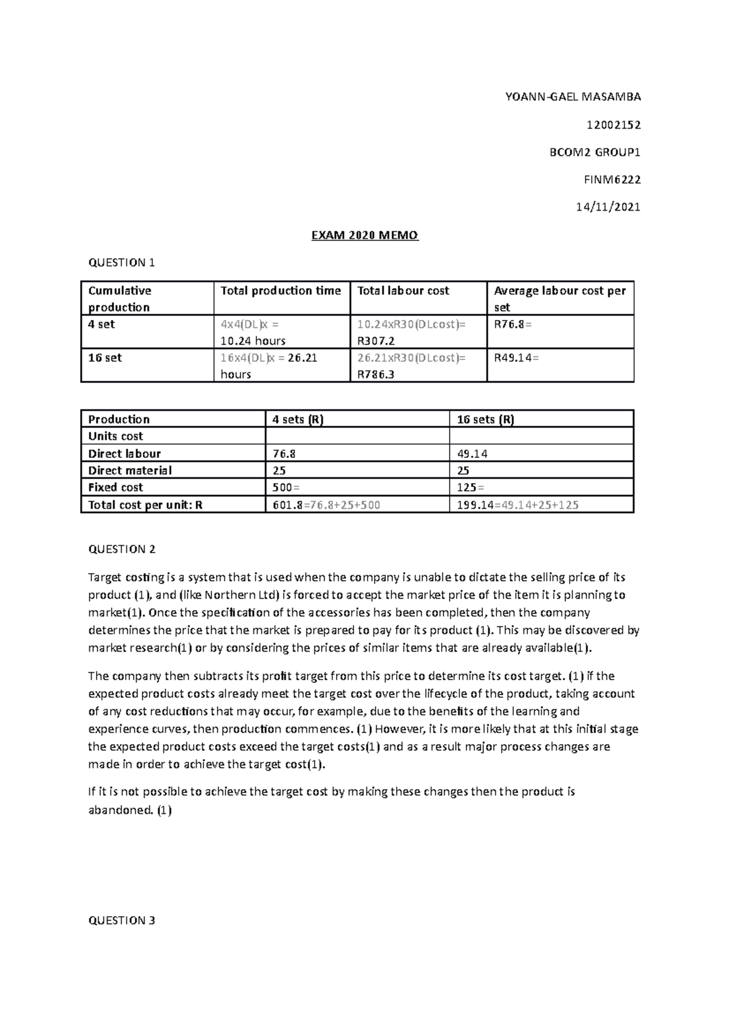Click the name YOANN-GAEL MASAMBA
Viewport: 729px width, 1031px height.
click(x=573, y=97)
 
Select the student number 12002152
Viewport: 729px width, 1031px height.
click(x=613, y=125)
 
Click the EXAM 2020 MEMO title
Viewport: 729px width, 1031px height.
click(x=364, y=236)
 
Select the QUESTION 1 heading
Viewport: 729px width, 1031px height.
click(x=122, y=262)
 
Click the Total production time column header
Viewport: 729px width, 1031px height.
click(x=281, y=291)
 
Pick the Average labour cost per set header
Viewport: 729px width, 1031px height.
click(x=559, y=298)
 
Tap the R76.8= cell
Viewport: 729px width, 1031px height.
click(x=512, y=324)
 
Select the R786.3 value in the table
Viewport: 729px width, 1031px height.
click(x=375, y=375)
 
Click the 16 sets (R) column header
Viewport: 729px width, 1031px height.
click(x=485, y=420)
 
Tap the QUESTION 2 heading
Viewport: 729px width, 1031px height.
click(x=122, y=549)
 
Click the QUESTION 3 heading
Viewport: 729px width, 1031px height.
click(x=122, y=920)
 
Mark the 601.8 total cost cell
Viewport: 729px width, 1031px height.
click(x=288, y=505)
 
